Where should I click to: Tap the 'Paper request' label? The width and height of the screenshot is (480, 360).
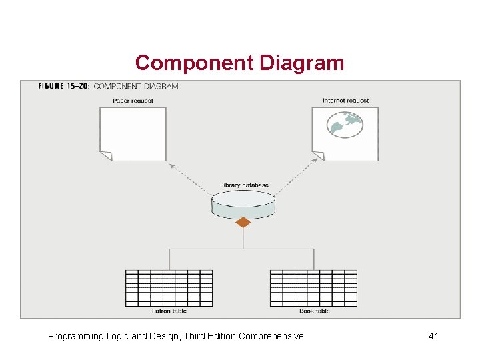pyautogui.click(x=133, y=101)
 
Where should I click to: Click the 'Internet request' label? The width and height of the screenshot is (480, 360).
pyautogui.click(x=345, y=101)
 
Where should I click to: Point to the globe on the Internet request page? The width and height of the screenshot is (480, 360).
pyautogui.click(x=345, y=124)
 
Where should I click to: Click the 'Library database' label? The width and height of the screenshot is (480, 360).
pyautogui.click(x=244, y=185)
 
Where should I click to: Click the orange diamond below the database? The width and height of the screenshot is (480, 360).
pyautogui.click(x=243, y=222)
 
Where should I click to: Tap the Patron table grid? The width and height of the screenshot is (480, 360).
pyautogui.click(x=169, y=288)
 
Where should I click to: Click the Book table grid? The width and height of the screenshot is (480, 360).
pyautogui.click(x=313, y=288)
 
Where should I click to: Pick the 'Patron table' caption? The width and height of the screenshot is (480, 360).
pyautogui.click(x=169, y=311)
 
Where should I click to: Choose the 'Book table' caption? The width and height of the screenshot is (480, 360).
pyautogui.click(x=314, y=311)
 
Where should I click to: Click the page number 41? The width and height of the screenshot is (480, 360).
pyautogui.click(x=433, y=336)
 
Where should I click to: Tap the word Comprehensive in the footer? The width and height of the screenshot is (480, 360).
pyautogui.click(x=271, y=336)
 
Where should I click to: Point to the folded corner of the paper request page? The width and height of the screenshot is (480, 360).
pyautogui.click(x=106, y=155)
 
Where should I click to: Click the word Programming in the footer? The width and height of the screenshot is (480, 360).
pyautogui.click(x=75, y=336)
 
